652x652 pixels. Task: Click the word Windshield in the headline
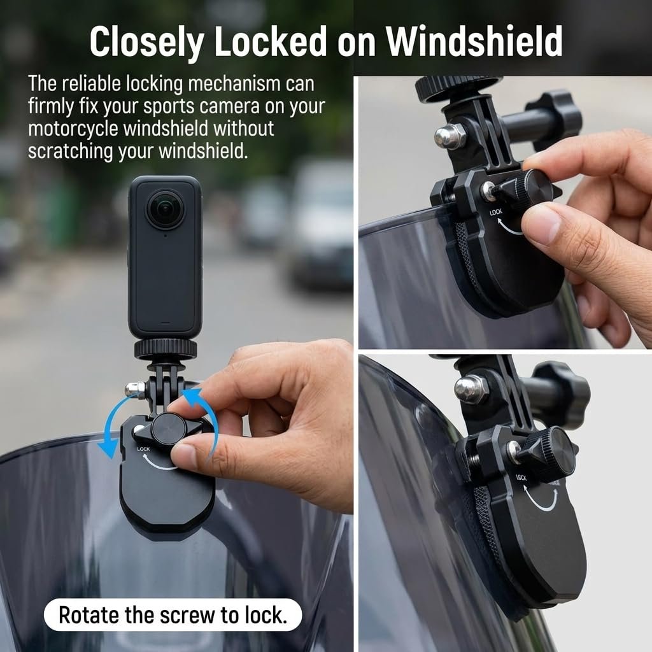click(x=474, y=41)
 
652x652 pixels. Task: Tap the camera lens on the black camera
click(x=166, y=209)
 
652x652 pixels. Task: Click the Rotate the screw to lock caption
click(x=173, y=615)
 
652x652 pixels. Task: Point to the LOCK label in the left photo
click(x=143, y=449)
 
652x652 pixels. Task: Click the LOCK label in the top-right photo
click(x=495, y=212)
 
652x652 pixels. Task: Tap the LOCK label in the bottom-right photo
click(x=521, y=478)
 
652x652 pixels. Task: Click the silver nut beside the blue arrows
click(x=136, y=389)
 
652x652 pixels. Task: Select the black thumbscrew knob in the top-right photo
click(x=556, y=118)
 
